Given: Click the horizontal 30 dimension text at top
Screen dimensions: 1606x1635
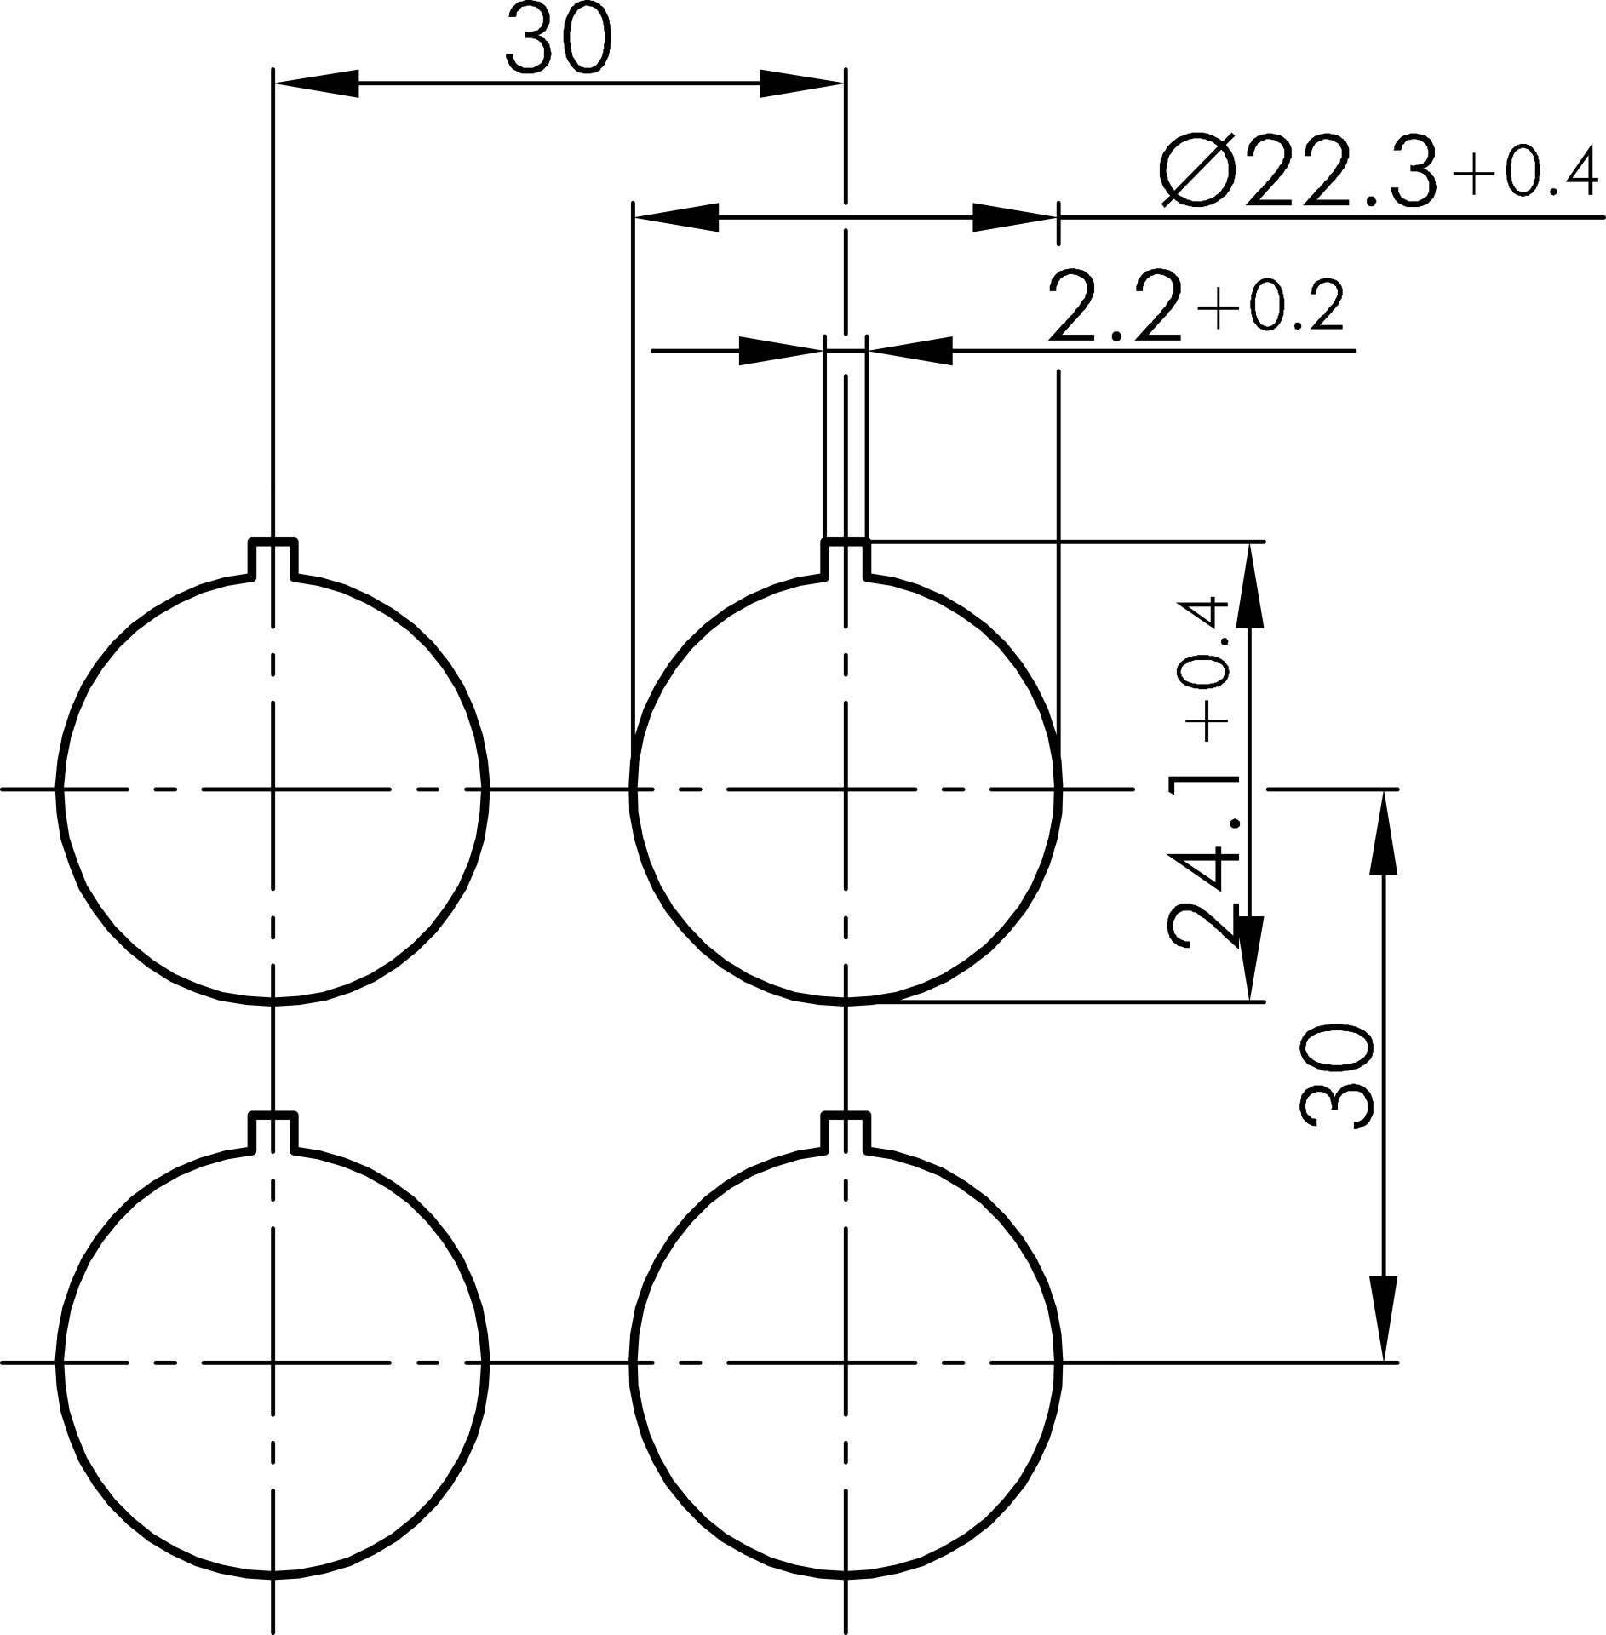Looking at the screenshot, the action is pyautogui.click(x=559, y=40).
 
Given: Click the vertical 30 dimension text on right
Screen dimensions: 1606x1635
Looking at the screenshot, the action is pyautogui.click(x=1336, y=1076).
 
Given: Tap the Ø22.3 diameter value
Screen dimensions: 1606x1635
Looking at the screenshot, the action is pyautogui.click(x=1299, y=171).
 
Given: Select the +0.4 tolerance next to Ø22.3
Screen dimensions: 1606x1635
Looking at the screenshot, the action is pyautogui.click(x=1523, y=172).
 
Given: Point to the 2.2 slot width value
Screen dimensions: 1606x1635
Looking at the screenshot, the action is pyautogui.click(x=1115, y=305).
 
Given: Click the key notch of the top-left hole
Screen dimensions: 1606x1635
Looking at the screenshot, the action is pyautogui.click(x=272, y=558).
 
